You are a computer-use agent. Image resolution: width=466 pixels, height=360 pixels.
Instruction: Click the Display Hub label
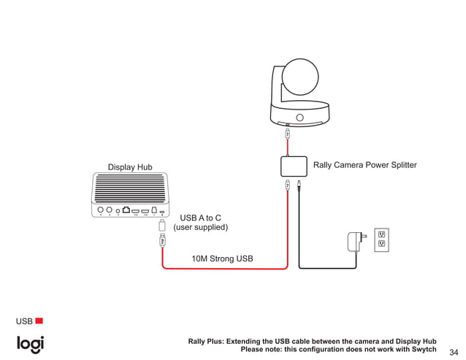130,167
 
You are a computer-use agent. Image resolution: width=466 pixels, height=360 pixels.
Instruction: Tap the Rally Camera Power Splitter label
364,165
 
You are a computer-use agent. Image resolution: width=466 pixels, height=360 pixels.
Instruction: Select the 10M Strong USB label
222,258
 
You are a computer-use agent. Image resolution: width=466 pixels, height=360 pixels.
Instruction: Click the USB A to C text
200,218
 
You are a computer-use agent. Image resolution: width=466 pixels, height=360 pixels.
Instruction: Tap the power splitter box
294,166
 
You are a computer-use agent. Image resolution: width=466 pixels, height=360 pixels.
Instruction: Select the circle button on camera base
299,118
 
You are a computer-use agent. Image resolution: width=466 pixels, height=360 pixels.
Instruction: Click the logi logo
31,344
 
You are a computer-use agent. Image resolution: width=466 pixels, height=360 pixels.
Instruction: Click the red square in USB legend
39,321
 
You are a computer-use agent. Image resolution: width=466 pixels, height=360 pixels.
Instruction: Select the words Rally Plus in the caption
206,341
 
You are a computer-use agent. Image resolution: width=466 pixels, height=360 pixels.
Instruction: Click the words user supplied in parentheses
200,228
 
